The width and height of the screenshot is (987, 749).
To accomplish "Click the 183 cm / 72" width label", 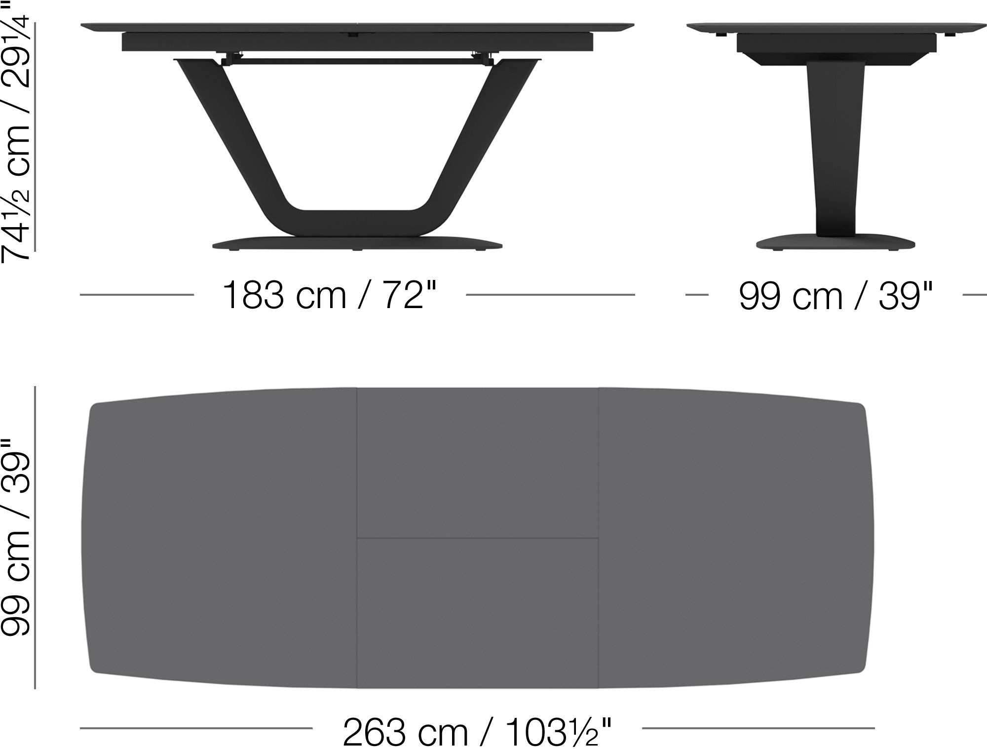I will [330, 295].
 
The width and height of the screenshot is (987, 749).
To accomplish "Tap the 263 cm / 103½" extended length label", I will [477, 732].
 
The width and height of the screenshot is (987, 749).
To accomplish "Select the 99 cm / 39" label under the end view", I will [835, 296].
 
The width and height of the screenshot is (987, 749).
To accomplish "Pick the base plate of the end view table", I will [835, 243].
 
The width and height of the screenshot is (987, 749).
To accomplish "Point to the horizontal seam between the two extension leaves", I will [477, 538].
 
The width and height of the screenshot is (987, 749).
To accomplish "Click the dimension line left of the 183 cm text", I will [137, 295].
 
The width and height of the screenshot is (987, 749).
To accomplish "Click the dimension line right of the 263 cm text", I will [758, 728].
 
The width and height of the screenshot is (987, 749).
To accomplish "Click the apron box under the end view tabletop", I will [835, 43].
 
